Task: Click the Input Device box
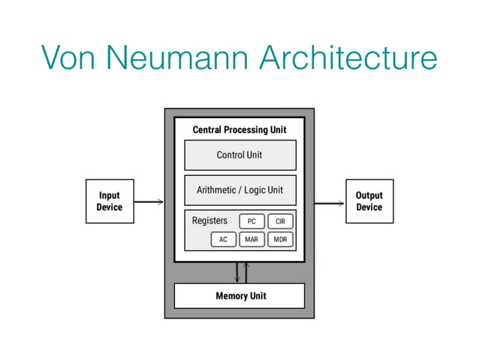pos(110,201)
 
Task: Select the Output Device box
pos(369,201)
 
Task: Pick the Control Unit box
pos(239,155)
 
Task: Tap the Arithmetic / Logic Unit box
pos(239,190)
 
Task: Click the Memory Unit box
pos(239,295)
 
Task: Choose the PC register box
pos(252,221)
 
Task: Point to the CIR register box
pos(280,221)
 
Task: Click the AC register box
pos(223,240)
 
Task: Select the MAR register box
pos(252,240)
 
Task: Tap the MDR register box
pos(280,240)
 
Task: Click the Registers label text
pos(209,221)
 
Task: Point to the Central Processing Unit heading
pos(239,130)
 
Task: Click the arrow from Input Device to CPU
pos(149,201)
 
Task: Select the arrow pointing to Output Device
pos(330,201)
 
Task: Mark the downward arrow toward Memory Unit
pos(236,272)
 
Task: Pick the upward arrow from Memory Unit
pos(246,272)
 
